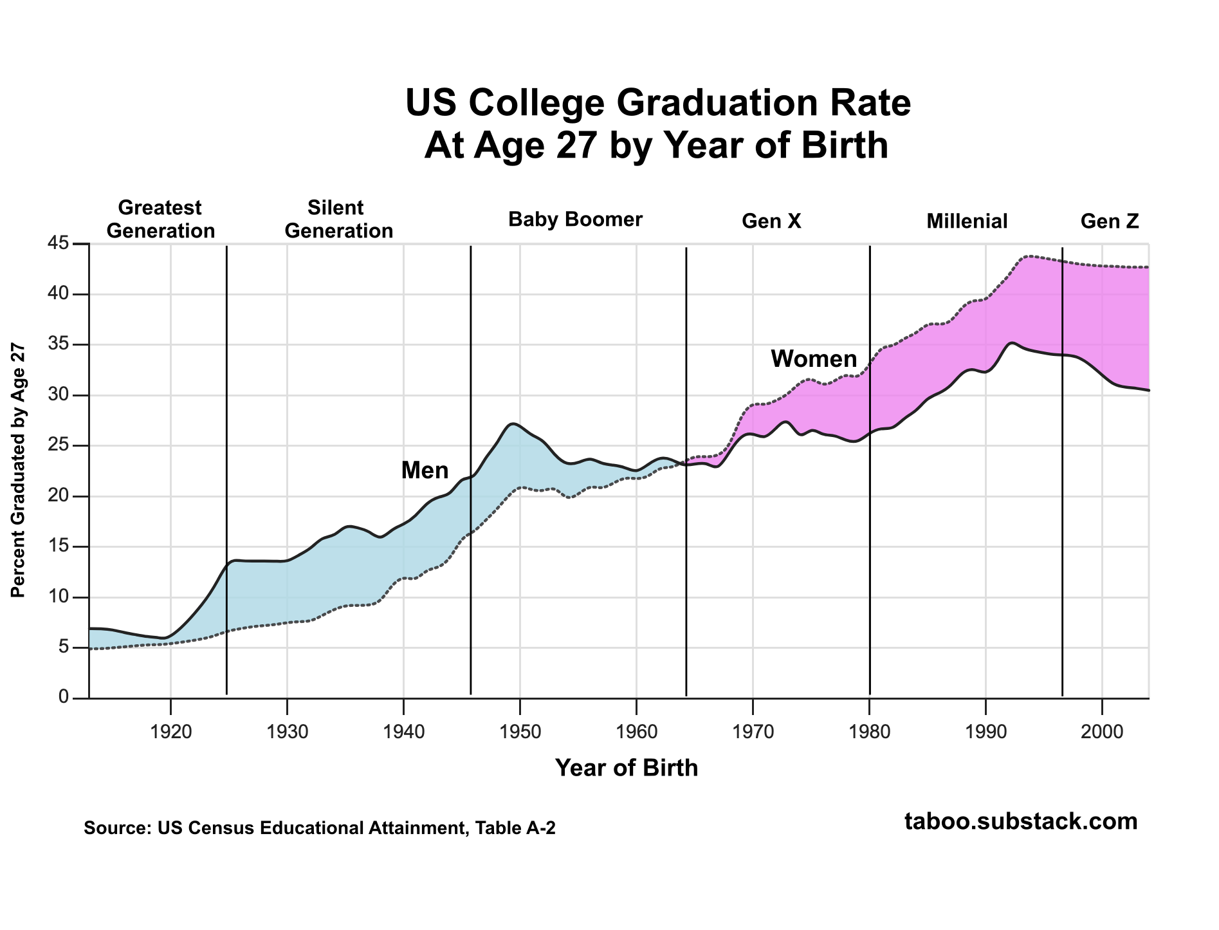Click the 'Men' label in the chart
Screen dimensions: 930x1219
[x=425, y=470]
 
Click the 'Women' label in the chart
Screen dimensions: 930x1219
[x=814, y=359]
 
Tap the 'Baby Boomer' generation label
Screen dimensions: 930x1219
[x=575, y=220]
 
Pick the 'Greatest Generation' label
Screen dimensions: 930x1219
[x=160, y=219]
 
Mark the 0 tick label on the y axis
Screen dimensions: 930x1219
[x=63, y=698]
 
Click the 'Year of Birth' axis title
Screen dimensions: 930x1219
[x=626, y=768]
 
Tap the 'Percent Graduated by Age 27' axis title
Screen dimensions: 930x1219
[x=19, y=470]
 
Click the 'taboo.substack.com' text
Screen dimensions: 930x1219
[x=1021, y=822]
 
